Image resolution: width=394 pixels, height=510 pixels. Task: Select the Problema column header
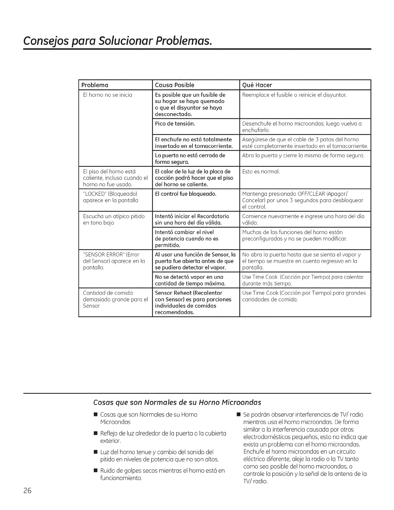(94, 85)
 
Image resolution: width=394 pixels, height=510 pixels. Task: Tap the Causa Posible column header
(174, 85)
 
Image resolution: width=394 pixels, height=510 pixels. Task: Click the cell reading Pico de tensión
(175, 124)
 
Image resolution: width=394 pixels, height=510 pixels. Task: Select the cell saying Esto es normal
(261, 172)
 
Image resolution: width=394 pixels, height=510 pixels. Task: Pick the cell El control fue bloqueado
(186, 194)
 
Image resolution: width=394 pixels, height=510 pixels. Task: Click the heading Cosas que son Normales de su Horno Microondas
(177, 402)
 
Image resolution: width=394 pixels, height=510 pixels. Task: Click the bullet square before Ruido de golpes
(95, 471)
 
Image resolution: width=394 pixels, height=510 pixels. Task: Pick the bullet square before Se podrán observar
(238, 415)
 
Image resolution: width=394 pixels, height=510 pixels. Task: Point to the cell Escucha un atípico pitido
(114, 219)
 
